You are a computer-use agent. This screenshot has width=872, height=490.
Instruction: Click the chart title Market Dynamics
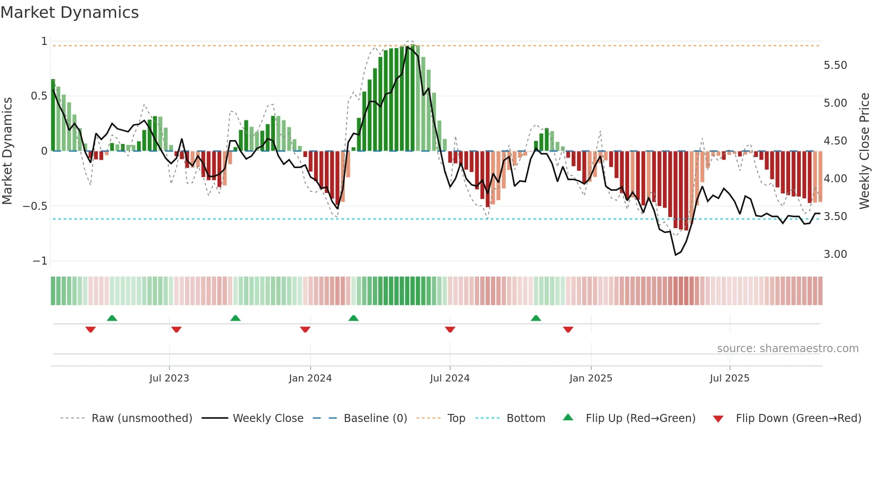click(69, 12)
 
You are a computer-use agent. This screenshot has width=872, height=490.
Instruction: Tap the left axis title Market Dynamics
click(7, 151)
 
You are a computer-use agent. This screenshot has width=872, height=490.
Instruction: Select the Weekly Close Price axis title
click(864, 151)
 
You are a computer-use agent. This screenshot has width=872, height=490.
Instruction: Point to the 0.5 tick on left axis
click(39, 96)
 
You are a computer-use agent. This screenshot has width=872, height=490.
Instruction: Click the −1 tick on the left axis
click(40, 261)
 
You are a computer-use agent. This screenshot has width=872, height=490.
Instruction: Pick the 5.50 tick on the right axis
click(835, 65)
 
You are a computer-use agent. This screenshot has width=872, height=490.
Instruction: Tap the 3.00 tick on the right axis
click(835, 254)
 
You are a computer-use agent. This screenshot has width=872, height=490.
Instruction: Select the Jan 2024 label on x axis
click(310, 378)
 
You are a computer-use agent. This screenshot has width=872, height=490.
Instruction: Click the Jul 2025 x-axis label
click(729, 378)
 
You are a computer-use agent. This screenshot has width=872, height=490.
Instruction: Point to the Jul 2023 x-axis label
click(169, 378)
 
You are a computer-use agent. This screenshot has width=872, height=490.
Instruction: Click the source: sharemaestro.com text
click(787, 349)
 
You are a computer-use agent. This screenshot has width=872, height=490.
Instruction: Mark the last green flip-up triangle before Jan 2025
click(536, 318)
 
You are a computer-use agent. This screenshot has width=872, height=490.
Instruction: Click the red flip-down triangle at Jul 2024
click(450, 329)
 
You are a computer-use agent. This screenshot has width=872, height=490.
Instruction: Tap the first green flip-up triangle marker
click(112, 318)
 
